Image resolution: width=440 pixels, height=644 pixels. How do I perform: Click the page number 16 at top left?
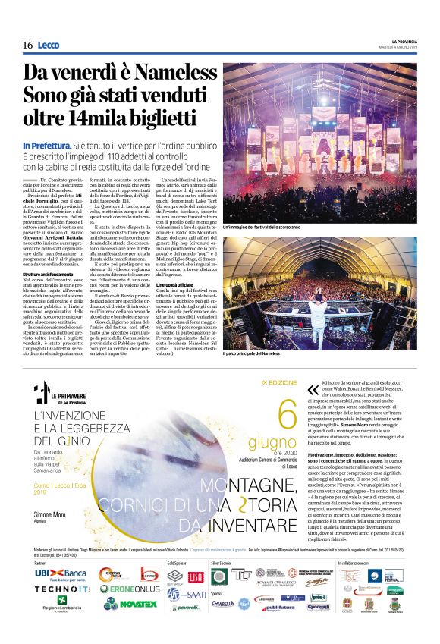click(27, 46)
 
